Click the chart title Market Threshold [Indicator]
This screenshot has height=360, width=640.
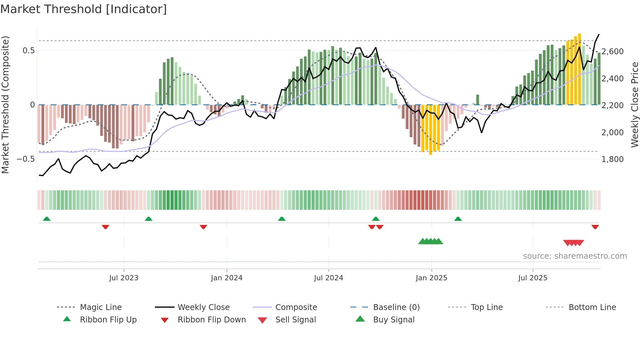84,9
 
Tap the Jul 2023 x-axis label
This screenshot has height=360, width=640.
124,278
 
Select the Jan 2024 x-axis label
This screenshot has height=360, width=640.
227,278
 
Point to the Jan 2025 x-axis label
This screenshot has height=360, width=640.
431,278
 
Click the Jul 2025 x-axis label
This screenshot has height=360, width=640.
533,278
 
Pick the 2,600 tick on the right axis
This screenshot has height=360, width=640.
613,52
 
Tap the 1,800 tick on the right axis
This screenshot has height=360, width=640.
613,159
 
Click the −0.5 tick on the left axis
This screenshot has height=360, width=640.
26,159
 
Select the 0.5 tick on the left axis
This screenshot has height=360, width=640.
28,51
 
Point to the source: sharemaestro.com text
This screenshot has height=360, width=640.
575,256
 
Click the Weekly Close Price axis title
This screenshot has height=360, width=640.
634,105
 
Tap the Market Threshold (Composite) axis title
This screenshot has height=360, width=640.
5,105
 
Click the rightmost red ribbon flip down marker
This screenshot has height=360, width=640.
595,227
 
